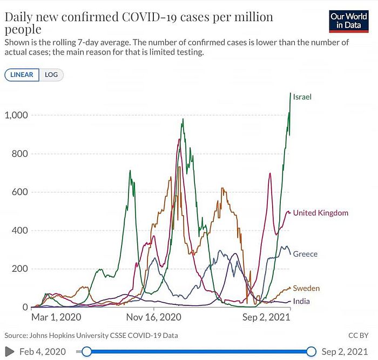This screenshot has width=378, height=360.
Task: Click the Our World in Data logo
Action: click(x=349, y=21)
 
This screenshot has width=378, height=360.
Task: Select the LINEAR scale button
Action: click(x=22, y=75)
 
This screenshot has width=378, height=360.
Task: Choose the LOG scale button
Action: click(x=51, y=75)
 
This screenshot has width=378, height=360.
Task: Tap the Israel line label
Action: click(x=304, y=97)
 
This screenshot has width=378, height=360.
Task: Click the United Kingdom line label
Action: click(x=320, y=213)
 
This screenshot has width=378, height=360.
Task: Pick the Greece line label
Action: click(x=305, y=254)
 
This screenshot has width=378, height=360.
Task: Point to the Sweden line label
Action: click(x=306, y=289)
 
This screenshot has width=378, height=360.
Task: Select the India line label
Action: click(x=301, y=301)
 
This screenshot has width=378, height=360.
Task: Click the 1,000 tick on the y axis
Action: click(x=16, y=115)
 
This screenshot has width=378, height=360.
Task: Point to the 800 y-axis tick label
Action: click(x=20, y=154)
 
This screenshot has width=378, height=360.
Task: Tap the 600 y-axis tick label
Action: click(x=20, y=192)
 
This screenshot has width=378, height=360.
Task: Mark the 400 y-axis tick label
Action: click(x=20, y=230)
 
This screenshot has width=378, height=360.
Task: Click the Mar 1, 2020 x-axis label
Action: click(x=56, y=317)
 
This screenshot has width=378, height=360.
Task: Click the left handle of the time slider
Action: click(x=86, y=352)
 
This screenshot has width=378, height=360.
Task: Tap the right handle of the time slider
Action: click(x=311, y=352)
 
